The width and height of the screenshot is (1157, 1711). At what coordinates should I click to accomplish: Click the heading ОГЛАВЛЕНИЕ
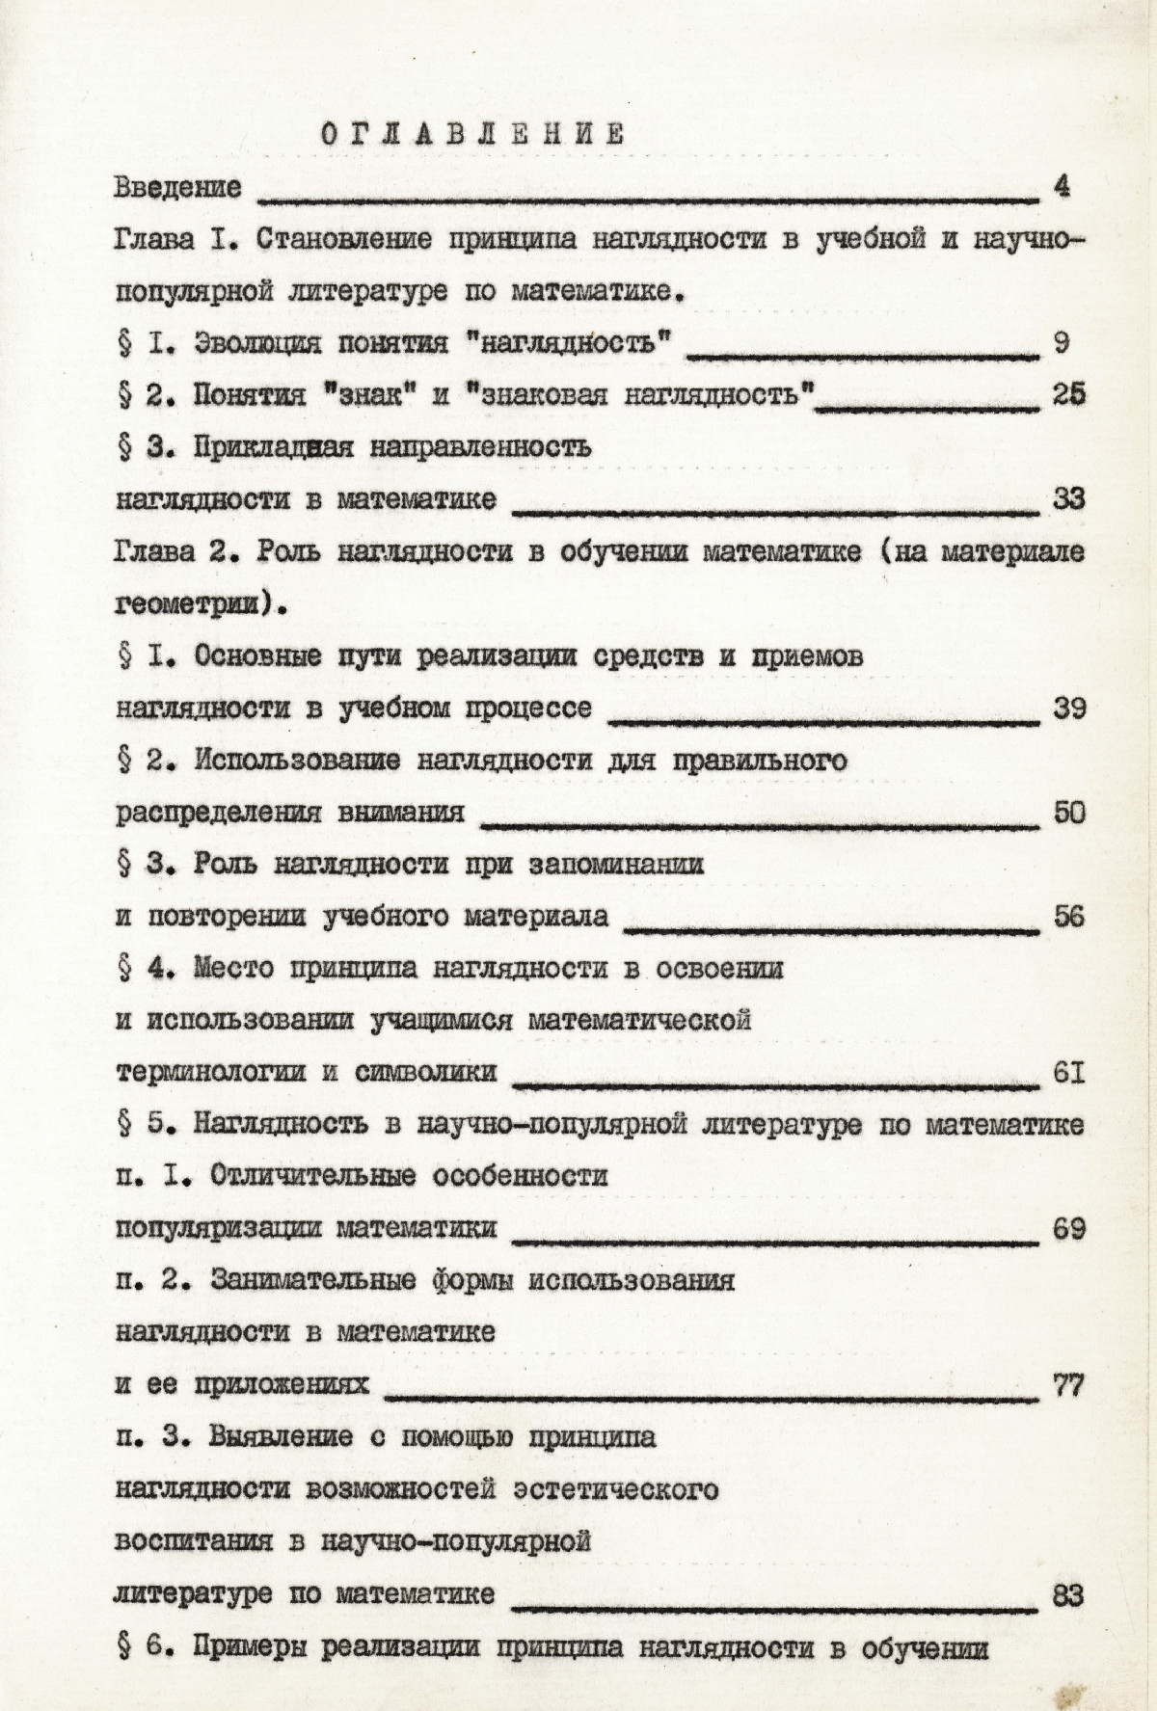point(472,135)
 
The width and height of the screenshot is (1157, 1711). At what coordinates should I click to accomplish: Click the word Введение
point(177,187)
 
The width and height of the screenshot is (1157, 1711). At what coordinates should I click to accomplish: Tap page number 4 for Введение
point(1063,186)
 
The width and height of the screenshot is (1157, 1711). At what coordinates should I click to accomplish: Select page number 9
point(1063,342)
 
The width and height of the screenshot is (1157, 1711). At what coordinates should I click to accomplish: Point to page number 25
point(1068,394)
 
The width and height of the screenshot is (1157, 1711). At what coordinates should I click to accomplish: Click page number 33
point(1068,498)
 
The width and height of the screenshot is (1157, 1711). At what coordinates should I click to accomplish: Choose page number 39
point(1069,708)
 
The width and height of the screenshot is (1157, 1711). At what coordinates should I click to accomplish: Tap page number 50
point(1069,813)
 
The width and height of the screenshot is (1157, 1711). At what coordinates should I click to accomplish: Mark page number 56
point(1069,916)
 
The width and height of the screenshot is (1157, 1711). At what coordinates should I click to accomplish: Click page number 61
point(1069,1072)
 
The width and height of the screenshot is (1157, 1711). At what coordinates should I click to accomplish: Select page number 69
point(1069,1229)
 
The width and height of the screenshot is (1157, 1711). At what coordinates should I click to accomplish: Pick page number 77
point(1069,1385)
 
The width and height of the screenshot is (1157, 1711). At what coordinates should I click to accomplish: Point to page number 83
point(1069,1595)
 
